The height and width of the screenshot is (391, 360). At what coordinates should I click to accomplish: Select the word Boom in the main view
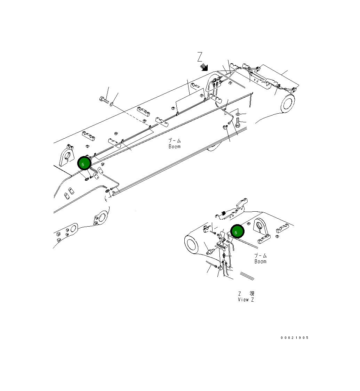[175, 147]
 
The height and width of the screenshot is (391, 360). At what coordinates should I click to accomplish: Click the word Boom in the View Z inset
[260, 261]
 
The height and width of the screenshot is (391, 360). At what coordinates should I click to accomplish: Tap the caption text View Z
[246, 300]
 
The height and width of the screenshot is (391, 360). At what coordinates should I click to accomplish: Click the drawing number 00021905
[295, 338]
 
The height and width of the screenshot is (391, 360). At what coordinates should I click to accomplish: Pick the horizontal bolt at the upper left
[104, 101]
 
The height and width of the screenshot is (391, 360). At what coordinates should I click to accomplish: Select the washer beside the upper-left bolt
[111, 104]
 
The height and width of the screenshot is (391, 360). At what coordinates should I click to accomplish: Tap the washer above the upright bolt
[237, 114]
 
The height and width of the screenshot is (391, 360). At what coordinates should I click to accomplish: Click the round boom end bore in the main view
[287, 104]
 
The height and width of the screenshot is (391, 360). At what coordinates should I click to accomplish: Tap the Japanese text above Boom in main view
[175, 141]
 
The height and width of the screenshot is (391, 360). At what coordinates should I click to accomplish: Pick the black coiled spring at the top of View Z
[224, 213]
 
